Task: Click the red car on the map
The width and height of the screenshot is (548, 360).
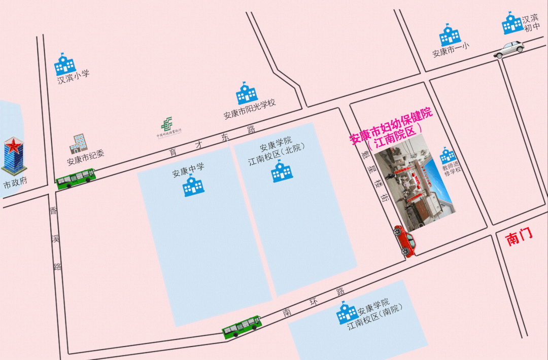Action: tap(405, 241)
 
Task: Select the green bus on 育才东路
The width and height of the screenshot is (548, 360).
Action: tap(76, 177)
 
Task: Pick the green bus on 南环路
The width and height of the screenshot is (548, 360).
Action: tap(242, 327)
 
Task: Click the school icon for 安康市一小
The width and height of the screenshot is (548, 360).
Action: tap(450, 35)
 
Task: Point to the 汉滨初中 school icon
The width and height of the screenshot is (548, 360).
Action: tap(512, 23)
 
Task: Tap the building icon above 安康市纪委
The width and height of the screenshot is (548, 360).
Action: tap(78, 144)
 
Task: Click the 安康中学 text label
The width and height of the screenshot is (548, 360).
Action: tap(188, 170)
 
